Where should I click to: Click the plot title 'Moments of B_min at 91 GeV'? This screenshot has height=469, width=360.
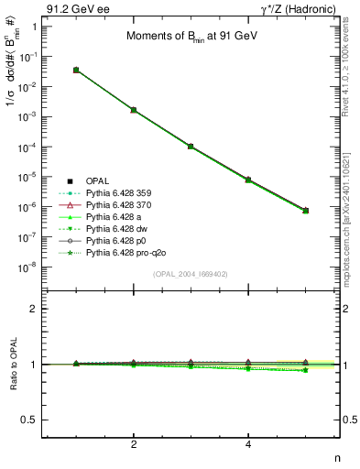coord(186,37)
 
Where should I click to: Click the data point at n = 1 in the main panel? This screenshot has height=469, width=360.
coord(76,70)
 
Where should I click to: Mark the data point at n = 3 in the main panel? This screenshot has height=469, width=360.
coord(191,146)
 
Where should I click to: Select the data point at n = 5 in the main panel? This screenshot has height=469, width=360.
coord(305,211)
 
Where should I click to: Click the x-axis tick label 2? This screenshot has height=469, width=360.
coord(134,445)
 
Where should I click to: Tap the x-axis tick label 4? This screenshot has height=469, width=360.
coord(248,445)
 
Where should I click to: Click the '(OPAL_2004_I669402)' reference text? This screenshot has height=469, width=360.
coord(191,273)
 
